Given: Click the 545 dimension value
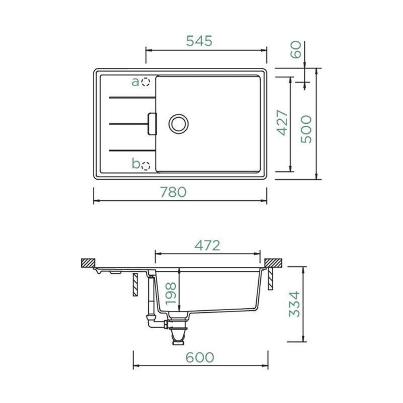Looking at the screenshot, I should click(x=199, y=41).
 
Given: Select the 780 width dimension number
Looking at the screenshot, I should click(x=173, y=192).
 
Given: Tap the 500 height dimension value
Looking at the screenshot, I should click(x=306, y=129).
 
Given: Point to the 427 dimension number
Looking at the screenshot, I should click(x=282, y=123).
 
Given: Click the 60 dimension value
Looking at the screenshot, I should click(x=296, y=50).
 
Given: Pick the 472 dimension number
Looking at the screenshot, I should click(x=207, y=245).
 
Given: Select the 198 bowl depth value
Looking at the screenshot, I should click(x=170, y=293).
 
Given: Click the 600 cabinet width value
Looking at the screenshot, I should click(x=200, y=357).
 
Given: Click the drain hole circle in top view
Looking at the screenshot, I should click(x=179, y=124).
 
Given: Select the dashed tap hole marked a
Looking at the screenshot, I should click(x=146, y=82).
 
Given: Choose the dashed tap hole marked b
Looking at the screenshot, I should click(x=146, y=165).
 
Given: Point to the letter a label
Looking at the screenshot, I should click(x=135, y=82).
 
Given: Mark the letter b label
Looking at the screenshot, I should click(x=136, y=164).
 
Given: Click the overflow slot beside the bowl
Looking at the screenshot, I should click(x=152, y=124).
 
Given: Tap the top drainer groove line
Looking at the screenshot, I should click(x=132, y=98).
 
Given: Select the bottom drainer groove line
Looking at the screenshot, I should click(x=132, y=151).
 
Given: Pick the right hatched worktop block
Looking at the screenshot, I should click(x=273, y=263).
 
